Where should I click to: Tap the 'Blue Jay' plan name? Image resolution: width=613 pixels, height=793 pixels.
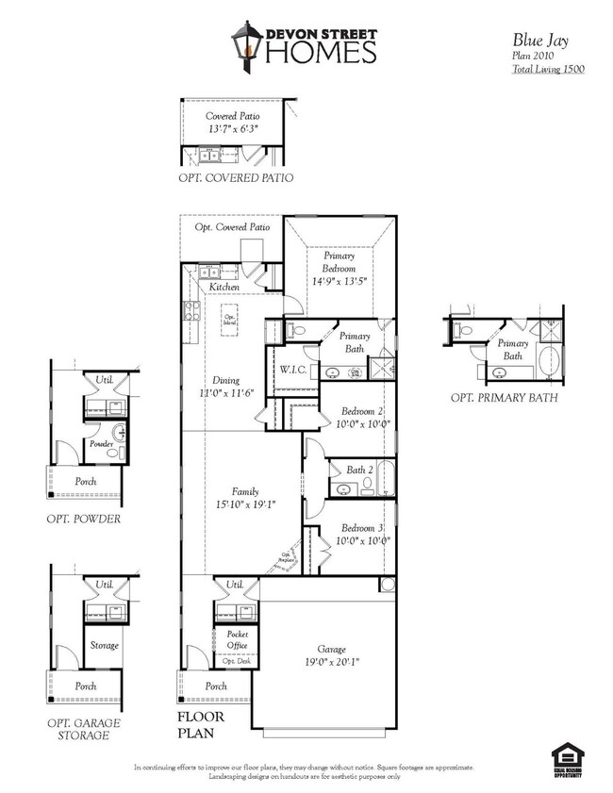pyautogui.click(x=536, y=40)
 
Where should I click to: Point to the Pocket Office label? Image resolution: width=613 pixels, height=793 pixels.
pyautogui.click(x=238, y=640)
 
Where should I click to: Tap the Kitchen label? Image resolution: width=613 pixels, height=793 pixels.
pyautogui.click(x=224, y=287)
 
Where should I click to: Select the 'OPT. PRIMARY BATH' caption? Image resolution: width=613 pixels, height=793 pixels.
pyautogui.click(x=505, y=398)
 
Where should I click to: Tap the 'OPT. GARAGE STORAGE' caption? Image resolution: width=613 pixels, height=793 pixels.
pyautogui.click(x=84, y=729)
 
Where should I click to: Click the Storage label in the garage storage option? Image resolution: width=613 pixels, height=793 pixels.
pyautogui.click(x=104, y=646)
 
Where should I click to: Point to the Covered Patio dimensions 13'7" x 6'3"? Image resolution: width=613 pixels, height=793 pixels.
pyautogui.click(x=232, y=128)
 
